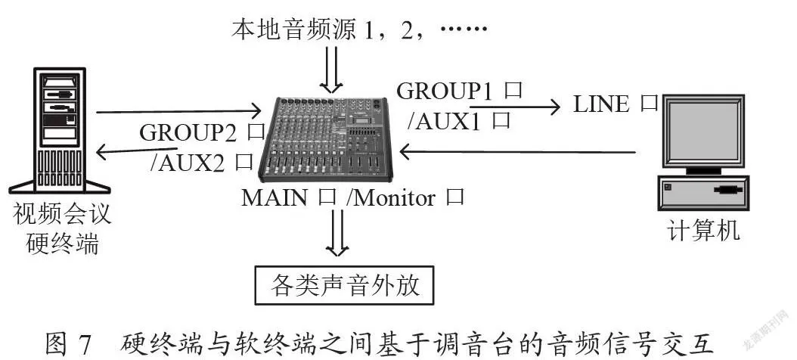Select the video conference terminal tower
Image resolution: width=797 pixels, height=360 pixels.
(x=60, y=130)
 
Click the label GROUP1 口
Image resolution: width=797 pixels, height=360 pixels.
(x=460, y=92)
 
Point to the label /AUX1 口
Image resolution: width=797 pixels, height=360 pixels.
(x=458, y=122)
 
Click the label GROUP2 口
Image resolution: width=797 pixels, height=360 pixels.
(x=203, y=133)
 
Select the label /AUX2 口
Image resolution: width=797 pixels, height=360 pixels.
(x=202, y=163)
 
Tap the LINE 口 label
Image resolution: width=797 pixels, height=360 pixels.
(x=616, y=104)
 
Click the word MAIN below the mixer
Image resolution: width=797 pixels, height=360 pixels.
(x=274, y=198)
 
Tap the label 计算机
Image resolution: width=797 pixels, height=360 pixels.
(x=704, y=231)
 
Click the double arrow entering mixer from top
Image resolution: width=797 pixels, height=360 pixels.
(x=331, y=70)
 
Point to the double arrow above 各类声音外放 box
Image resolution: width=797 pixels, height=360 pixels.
(x=337, y=232)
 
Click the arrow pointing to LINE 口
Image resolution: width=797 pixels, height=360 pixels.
(x=514, y=107)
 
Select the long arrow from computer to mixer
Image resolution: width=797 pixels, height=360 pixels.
(x=517, y=151)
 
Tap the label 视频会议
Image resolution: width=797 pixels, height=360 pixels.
(x=61, y=215)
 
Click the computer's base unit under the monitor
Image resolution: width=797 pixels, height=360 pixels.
(x=704, y=193)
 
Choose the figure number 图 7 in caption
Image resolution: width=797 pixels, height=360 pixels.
(x=67, y=345)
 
